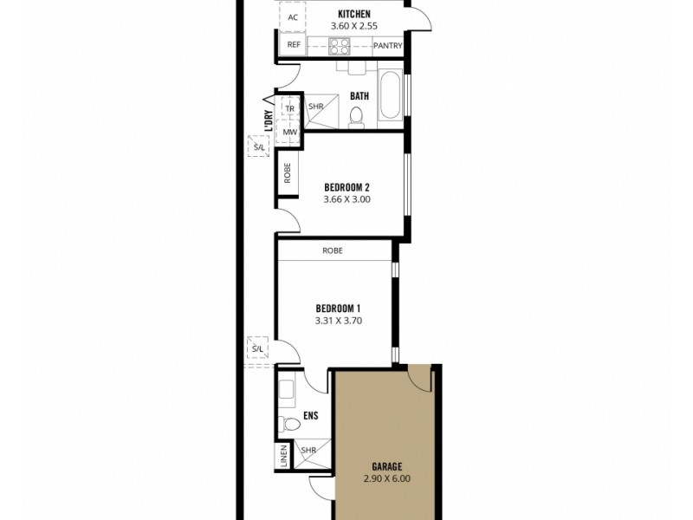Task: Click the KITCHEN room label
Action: click(354, 15)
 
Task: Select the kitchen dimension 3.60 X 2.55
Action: click(354, 27)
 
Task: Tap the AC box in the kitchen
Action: click(292, 17)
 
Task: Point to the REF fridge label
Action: click(293, 45)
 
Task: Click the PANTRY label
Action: click(386, 46)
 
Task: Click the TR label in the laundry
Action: click(290, 109)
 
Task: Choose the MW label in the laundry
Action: click(290, 132)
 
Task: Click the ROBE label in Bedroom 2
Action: click(287, 173)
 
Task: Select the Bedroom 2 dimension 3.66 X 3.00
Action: click(347, 199)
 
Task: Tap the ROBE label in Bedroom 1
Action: click(333, 250)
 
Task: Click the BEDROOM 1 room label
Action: click(338, 309)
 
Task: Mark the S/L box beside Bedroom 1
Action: click(258, 349)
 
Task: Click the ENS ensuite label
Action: click(311, 416)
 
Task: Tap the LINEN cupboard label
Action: click(283, 457)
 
